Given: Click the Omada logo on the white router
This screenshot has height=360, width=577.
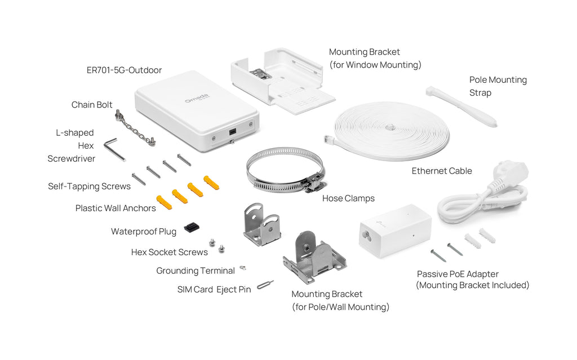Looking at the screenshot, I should (x=197, y=99).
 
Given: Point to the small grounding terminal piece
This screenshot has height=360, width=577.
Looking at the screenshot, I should (x=242, y=268).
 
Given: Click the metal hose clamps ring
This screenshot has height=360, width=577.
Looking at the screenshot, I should (x=285, y=169).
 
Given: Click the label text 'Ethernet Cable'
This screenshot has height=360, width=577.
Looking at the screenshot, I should (x=442, y=171).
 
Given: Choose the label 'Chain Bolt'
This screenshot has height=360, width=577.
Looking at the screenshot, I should (x=92, y=105).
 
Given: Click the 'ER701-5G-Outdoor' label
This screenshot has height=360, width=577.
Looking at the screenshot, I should (x=124, y=70).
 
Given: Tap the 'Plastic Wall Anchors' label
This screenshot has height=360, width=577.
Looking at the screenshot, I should (x=116, y=208).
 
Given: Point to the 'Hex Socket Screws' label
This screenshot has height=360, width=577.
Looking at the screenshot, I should (x=170, y=252).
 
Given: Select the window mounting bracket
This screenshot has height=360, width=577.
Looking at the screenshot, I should (x=282, y=82).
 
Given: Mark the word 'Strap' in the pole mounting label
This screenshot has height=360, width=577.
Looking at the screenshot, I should (x=480, y=92).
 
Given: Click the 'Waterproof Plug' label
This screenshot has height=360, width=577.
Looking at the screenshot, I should (x=144, y=232).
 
